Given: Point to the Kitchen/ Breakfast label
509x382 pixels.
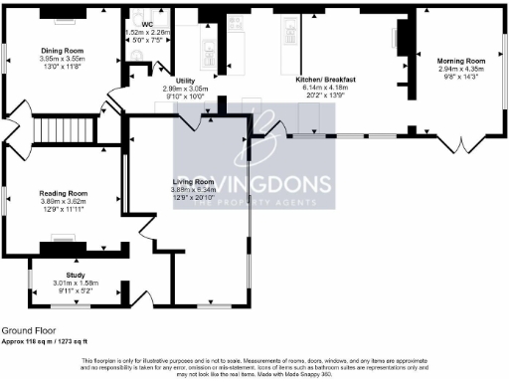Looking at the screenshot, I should click(326, 79).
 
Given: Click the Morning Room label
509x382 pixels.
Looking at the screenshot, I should click(460, 60).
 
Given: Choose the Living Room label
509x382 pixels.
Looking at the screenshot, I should click(193, 182).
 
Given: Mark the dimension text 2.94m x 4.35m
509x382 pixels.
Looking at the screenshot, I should click(461, 69).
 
